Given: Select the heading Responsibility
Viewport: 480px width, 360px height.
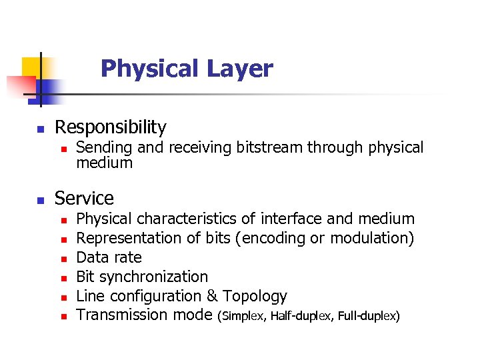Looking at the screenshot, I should point(110,127).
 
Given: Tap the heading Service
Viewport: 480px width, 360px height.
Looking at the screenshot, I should point(84,198).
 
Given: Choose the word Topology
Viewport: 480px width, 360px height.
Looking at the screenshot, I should point(255,296).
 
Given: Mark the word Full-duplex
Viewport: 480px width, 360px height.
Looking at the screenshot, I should point(367,316).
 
